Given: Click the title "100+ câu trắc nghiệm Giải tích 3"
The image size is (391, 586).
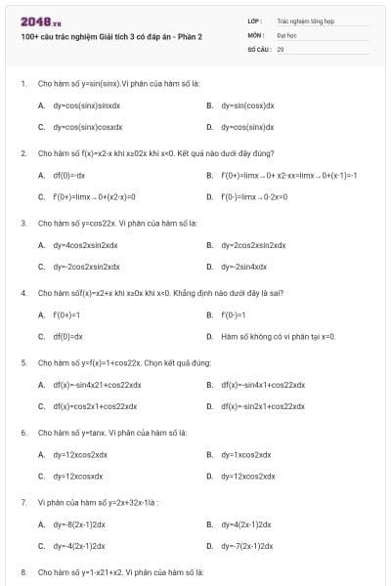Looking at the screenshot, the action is click(111, 36).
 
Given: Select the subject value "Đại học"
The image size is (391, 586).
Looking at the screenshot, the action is click(286, 33).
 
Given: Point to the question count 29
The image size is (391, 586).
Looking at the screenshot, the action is click(281, 48).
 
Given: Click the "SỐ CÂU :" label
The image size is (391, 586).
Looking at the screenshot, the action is click(258, 48).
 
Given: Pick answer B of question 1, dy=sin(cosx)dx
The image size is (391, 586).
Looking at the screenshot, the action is click(246, 105).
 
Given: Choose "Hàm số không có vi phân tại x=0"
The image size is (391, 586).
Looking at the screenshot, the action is click(278, 336).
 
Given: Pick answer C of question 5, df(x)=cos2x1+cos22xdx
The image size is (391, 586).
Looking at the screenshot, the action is click(95, 405).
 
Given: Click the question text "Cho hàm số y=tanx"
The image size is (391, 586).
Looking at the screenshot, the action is click(112, 432).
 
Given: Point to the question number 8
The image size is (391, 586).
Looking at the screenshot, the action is click(23, 570).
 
